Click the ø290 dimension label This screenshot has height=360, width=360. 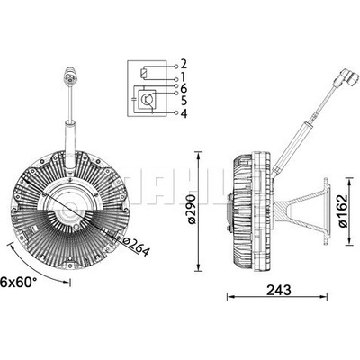[x=192, y=209]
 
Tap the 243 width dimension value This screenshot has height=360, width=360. [x=279, y=290]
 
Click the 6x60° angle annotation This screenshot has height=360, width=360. [x=19, y=282]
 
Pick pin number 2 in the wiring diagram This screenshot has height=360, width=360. [x=184, y=64]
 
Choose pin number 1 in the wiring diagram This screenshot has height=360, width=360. [x=184, y=76]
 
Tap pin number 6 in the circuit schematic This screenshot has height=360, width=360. [x=184, y=89]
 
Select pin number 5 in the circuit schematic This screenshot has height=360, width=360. [x=184, y=101]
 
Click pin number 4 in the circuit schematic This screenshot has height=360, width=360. [x=184, y=113]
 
